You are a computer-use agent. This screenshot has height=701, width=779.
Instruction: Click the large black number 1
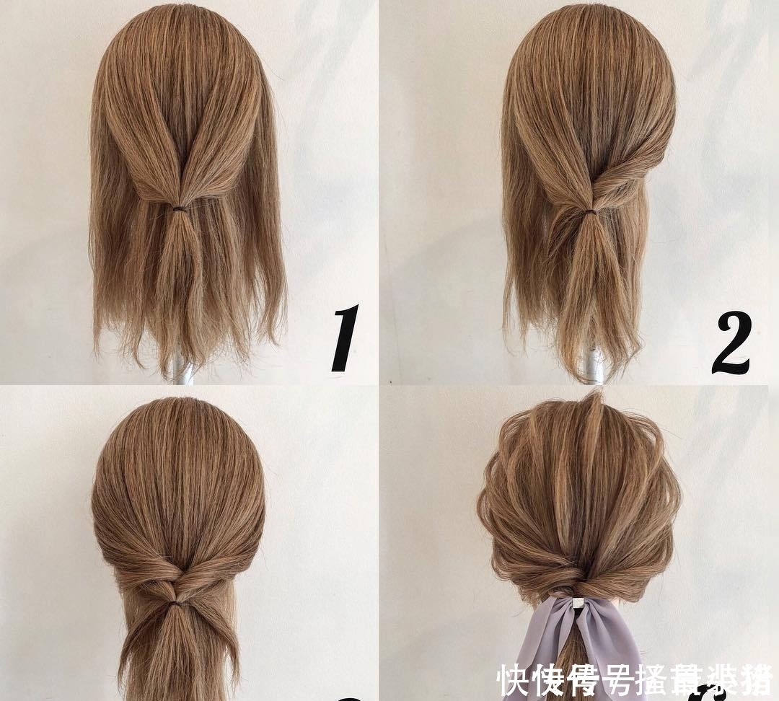(x=345, y=338)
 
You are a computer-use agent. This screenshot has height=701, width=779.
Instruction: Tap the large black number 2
(x=731, y=345)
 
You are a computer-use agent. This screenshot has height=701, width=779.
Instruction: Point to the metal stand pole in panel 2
(x=593, y=364)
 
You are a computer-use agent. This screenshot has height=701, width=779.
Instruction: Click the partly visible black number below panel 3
(x=349, y=697)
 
